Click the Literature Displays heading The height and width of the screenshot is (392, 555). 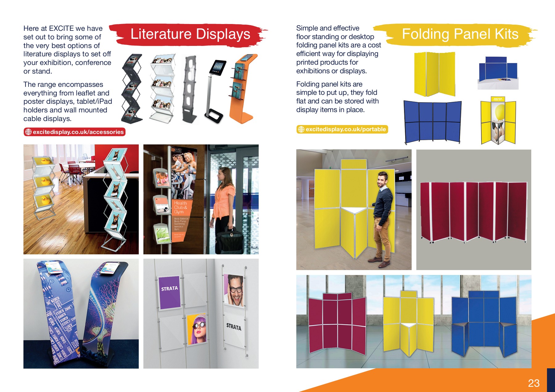190,34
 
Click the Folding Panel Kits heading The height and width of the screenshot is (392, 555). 460,34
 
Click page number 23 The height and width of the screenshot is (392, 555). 533,383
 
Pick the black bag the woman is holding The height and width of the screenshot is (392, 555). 229,242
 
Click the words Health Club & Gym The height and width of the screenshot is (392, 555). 180,207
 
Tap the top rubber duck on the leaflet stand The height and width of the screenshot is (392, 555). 45,160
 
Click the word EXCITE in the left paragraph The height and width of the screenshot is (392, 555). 61,28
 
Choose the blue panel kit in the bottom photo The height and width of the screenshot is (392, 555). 483,322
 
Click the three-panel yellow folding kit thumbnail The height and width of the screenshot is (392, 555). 434,74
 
